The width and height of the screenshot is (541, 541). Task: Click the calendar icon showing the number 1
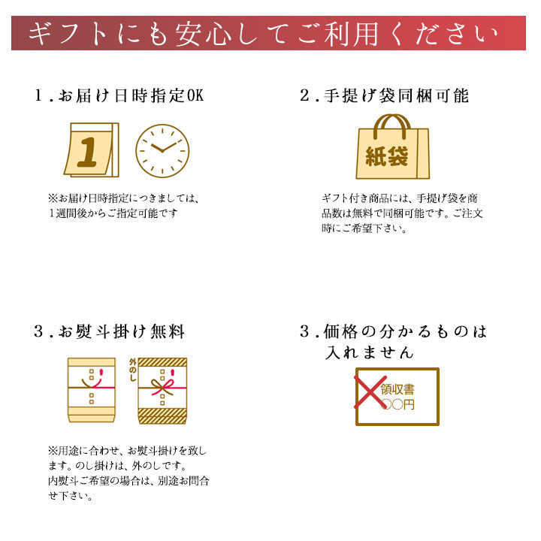point(92,150)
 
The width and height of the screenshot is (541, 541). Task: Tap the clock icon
point(162,151)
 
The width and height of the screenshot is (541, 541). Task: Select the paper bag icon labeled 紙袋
point(393,147)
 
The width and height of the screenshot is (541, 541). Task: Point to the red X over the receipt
point(370,392)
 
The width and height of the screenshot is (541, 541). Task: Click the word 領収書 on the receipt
point(397,389)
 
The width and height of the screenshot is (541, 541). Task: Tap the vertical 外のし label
point(133,370)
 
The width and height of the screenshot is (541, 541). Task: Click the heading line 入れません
point(369,352)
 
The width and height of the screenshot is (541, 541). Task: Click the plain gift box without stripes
point(92,390)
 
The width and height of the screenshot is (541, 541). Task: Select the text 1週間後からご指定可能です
point(113,213)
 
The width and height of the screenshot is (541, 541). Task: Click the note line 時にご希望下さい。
point(364,228)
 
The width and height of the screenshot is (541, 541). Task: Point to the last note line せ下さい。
point(71,496)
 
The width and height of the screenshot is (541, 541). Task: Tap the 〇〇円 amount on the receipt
point(398,404)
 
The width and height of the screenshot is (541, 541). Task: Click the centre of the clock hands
point(162,151)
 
